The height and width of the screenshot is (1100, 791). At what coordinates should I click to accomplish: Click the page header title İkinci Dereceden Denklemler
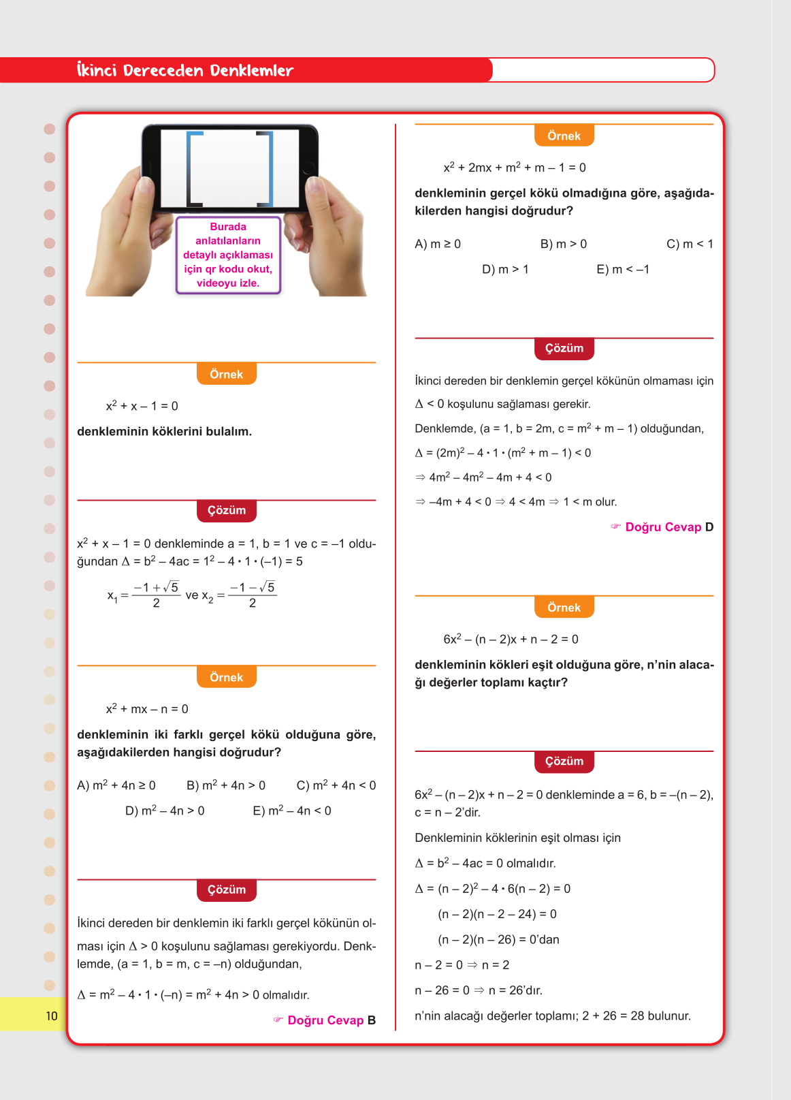[x=184, y=70]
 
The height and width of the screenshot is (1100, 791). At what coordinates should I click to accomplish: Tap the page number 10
[x=52, y=1016]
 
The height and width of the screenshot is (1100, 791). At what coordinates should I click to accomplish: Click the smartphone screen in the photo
[x=229, y=168]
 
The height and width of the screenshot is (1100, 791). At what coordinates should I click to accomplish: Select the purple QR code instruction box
[x=228, y=255]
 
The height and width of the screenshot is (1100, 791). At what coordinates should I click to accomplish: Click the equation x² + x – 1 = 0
[x=142, y=406]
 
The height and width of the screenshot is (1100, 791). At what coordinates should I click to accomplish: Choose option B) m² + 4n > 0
[x=226, y=785]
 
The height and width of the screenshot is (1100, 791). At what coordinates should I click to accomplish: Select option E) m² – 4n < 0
[x=292, y=811]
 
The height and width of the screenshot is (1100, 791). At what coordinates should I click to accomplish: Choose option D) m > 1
[x=505, y=269]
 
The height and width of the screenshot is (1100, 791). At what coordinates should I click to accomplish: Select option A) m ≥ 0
[x=438, y=244]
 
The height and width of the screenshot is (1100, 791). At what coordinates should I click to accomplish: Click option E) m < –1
[x=623, y=269]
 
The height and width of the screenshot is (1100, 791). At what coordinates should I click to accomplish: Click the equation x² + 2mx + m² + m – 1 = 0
[x=515, y=168]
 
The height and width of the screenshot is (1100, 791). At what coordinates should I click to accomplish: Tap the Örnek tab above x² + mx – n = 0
[x=227, y=677]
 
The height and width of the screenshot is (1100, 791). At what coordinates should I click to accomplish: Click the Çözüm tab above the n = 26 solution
[x=564, y=761]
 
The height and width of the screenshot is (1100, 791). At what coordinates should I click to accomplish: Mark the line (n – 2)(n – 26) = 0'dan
[x=498, y=939]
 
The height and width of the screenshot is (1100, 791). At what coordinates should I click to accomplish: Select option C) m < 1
[x=690, y=244]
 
